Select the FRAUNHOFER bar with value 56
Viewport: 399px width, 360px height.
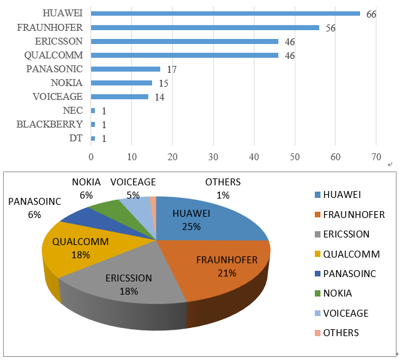pyautogui.click(x=205, y=28)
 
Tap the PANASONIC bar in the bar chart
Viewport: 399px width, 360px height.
pyautogui.click(x=126, y=69)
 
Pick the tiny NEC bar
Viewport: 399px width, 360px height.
pyautogui.click(x=93, y=111)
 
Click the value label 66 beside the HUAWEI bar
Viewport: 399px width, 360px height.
pyautogui.click(x=371, y=14)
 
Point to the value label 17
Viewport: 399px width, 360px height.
pyautogui.click(x=172, y=69)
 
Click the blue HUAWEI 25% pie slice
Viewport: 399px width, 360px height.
pyautogui.click(x=201, y=217)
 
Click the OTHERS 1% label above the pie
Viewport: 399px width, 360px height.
pyautogui.click(x=222, y=188)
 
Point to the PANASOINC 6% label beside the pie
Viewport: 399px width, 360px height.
pyautogui.click(x=34, y=208)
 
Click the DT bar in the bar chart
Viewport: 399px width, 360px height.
pyautogui.click(x=93, y=138)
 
